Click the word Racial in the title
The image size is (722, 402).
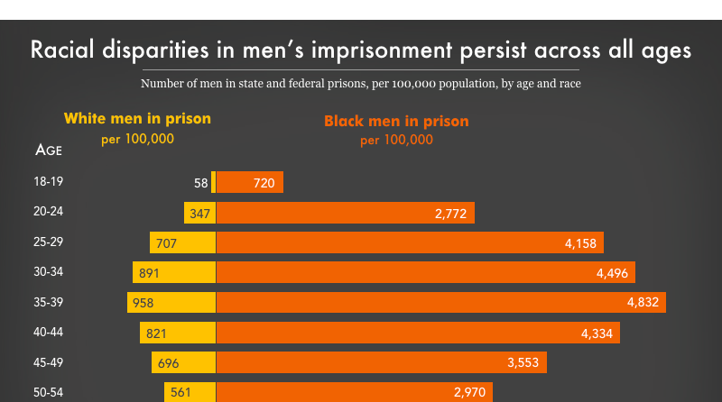64,50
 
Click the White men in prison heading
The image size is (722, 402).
137,118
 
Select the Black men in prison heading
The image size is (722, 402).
396,121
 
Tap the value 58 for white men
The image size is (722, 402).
201,183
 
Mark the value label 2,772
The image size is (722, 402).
451,214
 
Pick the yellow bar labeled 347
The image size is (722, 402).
200,213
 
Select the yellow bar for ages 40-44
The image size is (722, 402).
178,333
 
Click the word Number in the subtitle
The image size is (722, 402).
162,84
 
